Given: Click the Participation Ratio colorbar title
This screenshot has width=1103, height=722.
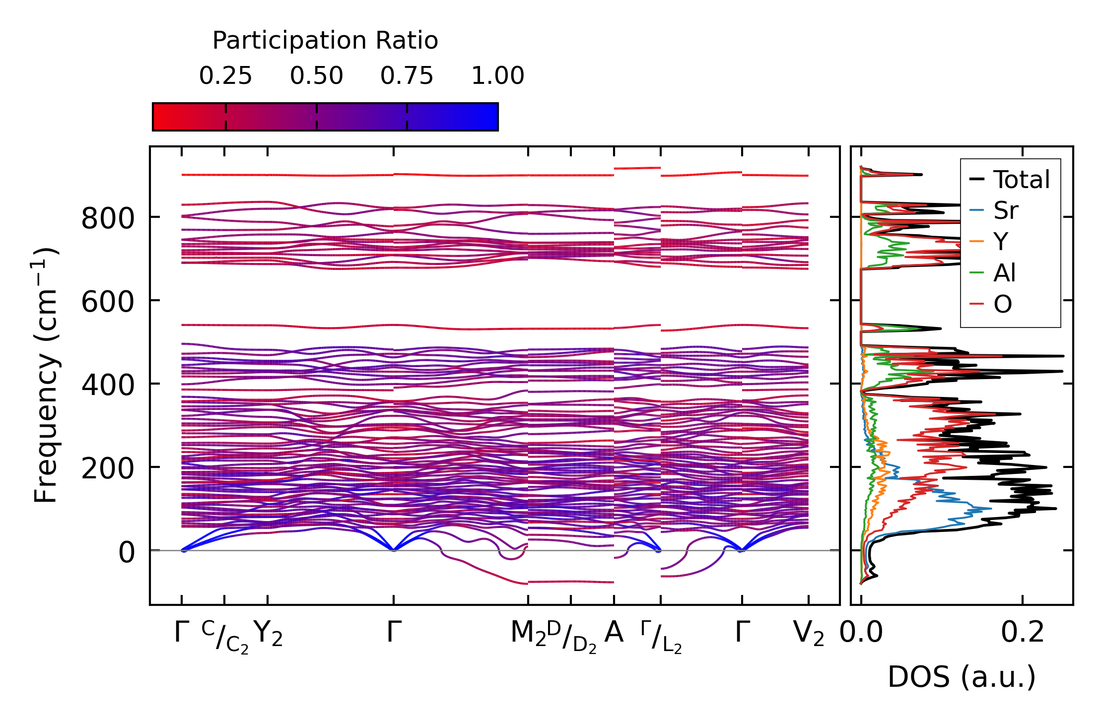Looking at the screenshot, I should [x=325, y=41].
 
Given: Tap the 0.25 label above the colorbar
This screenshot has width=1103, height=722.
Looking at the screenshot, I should [x=225, y=76].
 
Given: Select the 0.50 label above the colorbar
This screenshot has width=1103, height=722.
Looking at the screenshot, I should [x=316, y=76].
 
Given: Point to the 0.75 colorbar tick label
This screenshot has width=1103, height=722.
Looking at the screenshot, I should [x=407, y=76].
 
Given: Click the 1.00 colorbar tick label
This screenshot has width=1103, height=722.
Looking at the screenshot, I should [x=497, y=76].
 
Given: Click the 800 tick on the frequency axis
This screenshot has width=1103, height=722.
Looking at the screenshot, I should [x=108, y=218].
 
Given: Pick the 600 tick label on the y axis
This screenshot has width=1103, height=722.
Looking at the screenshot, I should [x=108, y=302].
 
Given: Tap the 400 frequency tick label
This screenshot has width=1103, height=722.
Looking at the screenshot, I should [x=108, y=385].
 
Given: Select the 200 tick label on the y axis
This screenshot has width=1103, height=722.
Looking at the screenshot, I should [x=108, y=468].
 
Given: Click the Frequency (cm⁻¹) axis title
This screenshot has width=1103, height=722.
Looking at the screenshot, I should [x=46, y=375].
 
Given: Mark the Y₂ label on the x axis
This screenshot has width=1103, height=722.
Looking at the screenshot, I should [x=268, y=634].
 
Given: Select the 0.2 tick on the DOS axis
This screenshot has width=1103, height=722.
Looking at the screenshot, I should [x=1022, y=633].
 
